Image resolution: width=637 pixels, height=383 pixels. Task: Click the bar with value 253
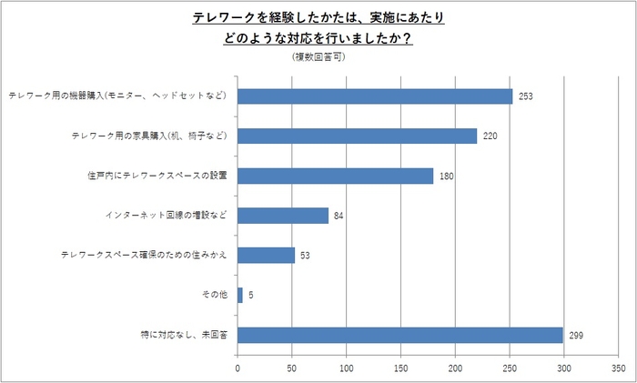click(x=375, y=96)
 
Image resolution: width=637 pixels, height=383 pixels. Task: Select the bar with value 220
click(x=357, y=136)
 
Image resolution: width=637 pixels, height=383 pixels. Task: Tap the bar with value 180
click(x=335, y=176)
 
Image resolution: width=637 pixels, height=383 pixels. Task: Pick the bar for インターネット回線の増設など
click(x=283, y=216)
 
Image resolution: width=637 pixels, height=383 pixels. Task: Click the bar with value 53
click(x=266, y=256)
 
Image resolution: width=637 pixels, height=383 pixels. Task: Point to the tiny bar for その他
click(x=240, y=296)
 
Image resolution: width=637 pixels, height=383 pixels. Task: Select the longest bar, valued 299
click(x=400, y=336)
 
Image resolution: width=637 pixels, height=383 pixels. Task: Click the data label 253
click(x=526, y=96)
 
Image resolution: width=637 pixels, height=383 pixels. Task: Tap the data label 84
click(x=339, y=216)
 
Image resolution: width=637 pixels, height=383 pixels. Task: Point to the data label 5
click(x=250, y=296)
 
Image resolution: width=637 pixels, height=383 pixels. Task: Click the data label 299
click(x=576, y=336)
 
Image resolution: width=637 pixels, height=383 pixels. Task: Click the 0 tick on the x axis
click(x=238, y=369)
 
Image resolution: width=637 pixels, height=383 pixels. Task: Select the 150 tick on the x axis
click(x=400, y=369)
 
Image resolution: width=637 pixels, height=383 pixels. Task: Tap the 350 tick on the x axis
click(x=618, y=369)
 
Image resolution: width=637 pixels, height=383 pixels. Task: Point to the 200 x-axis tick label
click(x=455, y=369)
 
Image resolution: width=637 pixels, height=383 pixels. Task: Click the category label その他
click(x=214, y=296)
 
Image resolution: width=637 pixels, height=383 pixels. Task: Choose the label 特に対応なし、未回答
click(x=184, y=336)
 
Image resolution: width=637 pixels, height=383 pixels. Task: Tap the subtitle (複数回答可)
click(x=318, y=57)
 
